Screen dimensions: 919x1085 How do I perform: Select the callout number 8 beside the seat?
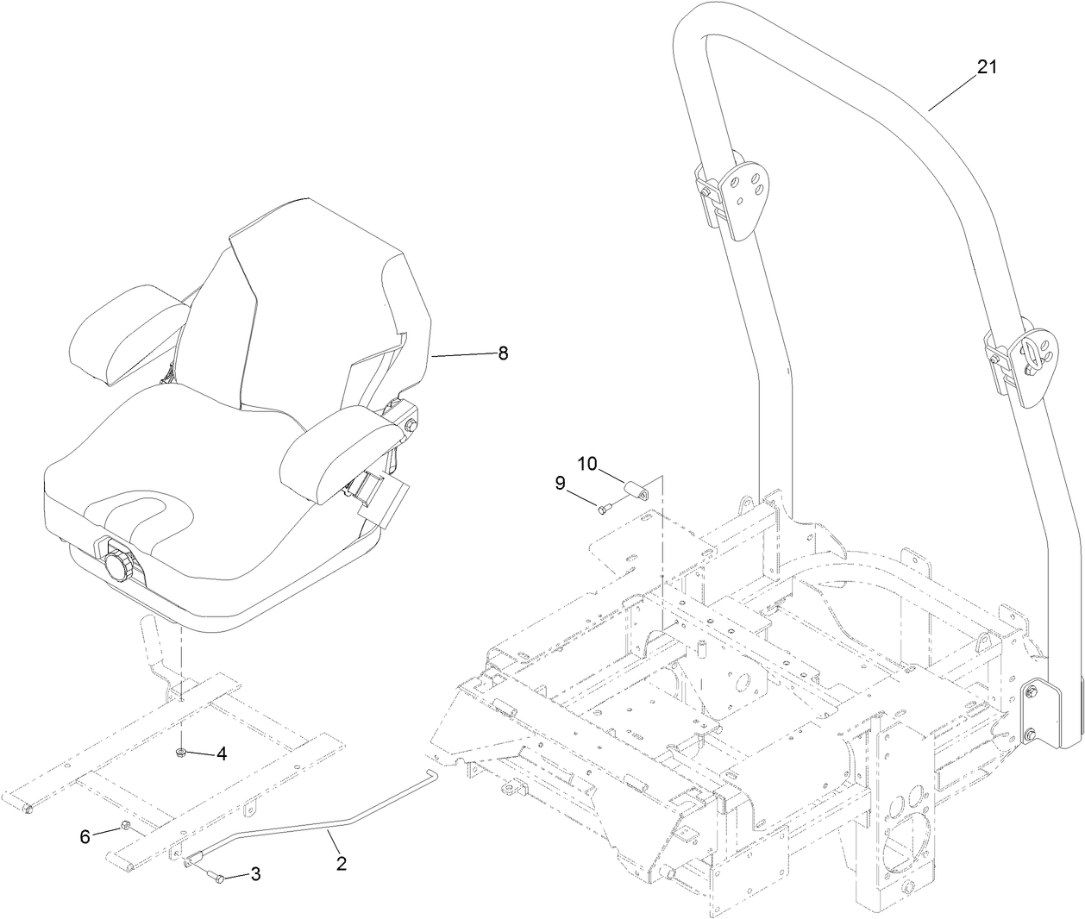(x=503, y=353)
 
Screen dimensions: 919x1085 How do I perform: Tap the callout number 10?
(x=586, y=464)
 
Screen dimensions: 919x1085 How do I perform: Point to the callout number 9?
(x=561, y=484)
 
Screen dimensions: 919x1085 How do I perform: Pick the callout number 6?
(x=85, y=836)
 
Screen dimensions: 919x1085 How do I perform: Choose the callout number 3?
(x=255, y=874)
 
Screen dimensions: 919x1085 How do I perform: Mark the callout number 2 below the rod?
(x=342, y=862)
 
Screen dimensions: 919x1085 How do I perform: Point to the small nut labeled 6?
(x=124, y=828)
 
